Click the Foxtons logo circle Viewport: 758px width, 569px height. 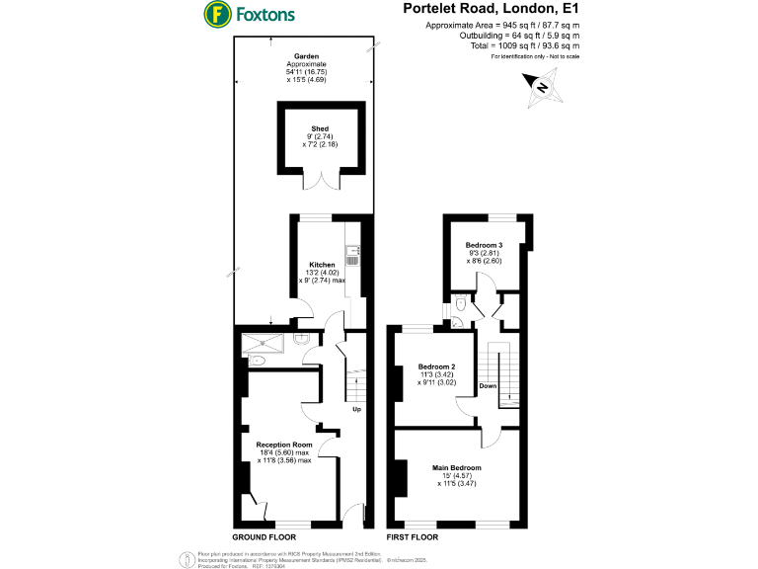216,14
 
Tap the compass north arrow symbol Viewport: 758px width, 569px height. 541,87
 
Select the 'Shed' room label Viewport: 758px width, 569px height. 320,128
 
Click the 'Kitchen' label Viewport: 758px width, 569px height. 322,265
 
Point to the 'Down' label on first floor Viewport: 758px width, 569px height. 488,385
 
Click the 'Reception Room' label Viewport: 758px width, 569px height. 284,445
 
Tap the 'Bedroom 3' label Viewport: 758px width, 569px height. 484,245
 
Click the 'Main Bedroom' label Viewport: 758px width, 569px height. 456,467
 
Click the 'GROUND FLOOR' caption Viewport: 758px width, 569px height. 261,537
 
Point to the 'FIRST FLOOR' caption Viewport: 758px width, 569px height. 413,537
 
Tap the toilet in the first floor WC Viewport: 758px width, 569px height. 462,308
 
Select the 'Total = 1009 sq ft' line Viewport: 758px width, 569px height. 524,45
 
